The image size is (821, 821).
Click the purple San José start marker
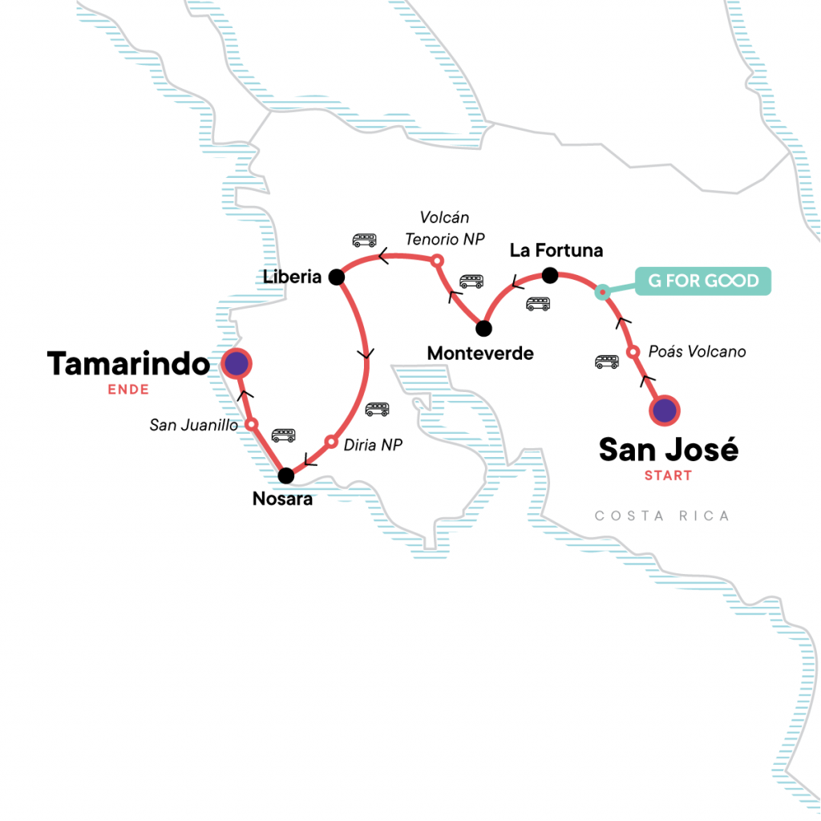pos(664,410)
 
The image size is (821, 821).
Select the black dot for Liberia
pos(336,277)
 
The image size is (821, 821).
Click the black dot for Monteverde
pos(483,328)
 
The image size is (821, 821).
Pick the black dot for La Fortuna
pos(549,276)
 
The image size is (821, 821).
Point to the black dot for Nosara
pos(285,475)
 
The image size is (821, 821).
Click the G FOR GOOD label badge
pos(703,281)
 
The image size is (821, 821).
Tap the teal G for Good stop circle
pos(602,293)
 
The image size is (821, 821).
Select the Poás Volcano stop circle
pos(633,352)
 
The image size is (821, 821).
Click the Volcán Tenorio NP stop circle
pos(437,261)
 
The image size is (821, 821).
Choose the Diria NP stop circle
pos(330,441)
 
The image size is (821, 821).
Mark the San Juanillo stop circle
pos(251,423)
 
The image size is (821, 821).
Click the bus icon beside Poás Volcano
pos(607,362)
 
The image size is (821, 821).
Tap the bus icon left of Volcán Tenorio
pos(364,240)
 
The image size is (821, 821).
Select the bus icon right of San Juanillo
pos(283,435)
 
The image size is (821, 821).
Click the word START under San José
pos(668,475)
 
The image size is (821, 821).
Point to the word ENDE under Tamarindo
pos(128,390)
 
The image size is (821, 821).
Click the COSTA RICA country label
pos(661,516)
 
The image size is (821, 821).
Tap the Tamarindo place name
pos(128,364)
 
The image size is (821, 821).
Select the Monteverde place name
pos(480,354)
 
